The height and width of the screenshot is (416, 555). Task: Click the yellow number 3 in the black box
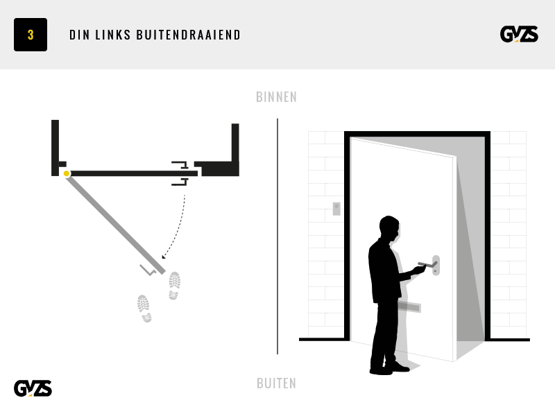[31, 35]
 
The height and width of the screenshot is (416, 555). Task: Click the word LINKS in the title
[113, 35]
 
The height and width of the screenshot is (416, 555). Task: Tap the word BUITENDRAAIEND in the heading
[188, 35]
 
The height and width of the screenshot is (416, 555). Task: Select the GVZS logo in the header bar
[519, 34]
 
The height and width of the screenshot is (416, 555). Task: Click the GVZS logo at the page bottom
[33, 388]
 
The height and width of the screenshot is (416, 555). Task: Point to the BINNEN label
[276, 97]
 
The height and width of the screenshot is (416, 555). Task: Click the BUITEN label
[276, 383]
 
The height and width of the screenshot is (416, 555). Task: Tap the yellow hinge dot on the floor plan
[66, 173]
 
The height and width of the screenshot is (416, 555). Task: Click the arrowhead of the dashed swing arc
[164, 257]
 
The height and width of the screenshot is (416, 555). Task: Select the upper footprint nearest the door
[175, 286]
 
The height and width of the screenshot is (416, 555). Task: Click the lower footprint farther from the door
[144, 308]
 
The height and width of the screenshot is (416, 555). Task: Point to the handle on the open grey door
[148, 270]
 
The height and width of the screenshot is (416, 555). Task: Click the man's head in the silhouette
[389, 229]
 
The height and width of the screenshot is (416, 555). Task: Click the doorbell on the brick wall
[336, 209]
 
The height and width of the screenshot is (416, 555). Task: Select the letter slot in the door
[411, 307]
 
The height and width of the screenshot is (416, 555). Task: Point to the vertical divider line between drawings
[277, 236]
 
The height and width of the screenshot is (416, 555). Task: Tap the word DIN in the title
[80, 35]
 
